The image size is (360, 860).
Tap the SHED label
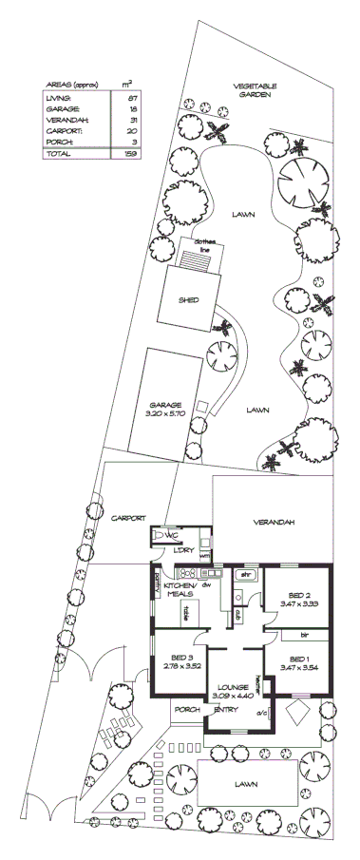tap(188, 299)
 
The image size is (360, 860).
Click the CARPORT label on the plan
tap(128, 518)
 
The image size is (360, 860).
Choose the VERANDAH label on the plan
tap(273, 524)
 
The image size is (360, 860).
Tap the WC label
tap(173, 535)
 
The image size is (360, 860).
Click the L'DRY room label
tap(183, 551)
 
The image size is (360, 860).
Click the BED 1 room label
tap(298, 659)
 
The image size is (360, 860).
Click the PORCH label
tap(185, 709)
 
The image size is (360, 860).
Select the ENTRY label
tap(225, 709)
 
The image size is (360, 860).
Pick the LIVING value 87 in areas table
tap(132, 98)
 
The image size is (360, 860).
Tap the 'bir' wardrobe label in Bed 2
tap(305, 634)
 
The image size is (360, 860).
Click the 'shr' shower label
tap(243, 575)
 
